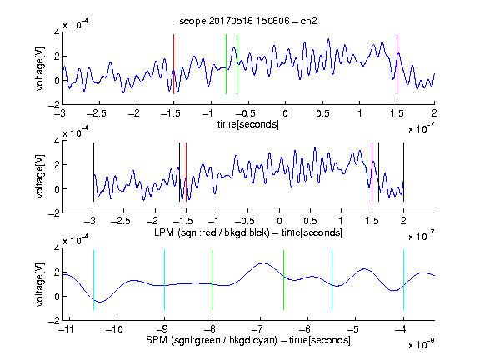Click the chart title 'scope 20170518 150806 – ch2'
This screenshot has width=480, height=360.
tap(248, 21)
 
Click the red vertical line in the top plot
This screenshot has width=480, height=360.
tap(173, 64)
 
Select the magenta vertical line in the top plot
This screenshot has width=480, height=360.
tap(397, 64)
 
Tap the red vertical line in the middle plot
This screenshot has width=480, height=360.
tap(186, 172)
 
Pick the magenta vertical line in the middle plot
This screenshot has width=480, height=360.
tap(372, 172)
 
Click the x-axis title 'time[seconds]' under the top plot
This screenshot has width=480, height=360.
tap(248, 124)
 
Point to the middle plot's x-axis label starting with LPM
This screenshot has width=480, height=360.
tap(248, 232)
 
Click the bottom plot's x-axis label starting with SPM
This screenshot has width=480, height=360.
tap(248, 340)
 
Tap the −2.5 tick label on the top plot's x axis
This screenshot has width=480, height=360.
tap(96, 113)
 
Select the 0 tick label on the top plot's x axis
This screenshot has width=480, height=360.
tap(285, 113)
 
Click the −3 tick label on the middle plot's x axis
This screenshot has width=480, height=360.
tap(91, 221)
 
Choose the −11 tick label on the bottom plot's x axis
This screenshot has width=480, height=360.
tap(65, 329)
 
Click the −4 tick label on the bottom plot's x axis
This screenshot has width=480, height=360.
tap(400, 329)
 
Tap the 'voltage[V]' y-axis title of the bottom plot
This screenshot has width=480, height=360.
tap(40, 284)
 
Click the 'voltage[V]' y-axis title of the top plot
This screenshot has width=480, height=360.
tap(40, 68)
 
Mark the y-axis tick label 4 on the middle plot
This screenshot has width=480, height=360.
tap(57, 141)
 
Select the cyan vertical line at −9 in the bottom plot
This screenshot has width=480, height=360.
tap(165, 280)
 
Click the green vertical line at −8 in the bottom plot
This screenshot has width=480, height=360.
tap(212, 280)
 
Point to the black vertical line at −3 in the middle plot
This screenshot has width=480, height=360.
tap(93, 172)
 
